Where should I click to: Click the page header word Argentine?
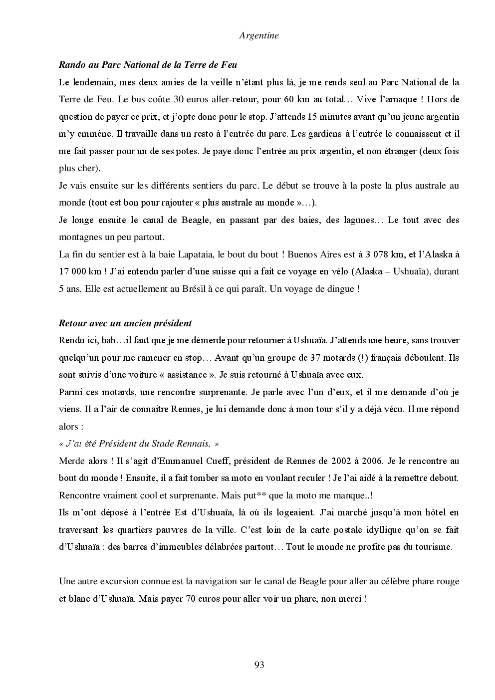coord(258,35)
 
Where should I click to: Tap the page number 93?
coord(259,665)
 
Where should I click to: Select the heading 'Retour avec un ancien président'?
coord(125,323)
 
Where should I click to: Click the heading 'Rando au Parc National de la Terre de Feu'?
coord(148,65)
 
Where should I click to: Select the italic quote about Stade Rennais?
coord(139,444)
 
